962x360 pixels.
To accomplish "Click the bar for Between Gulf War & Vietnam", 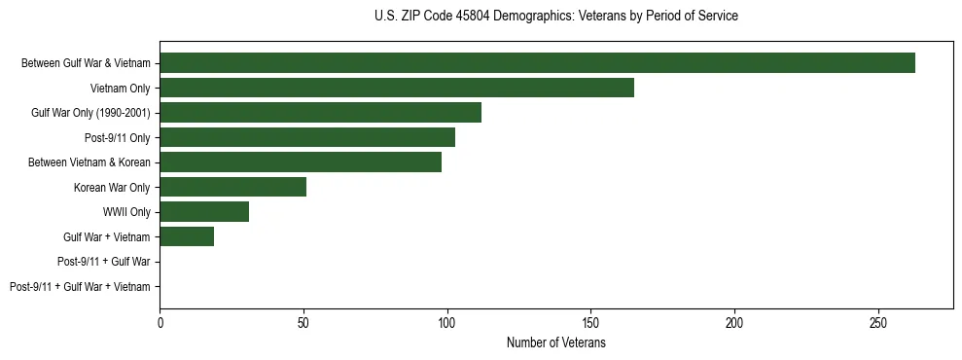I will pos(537,63).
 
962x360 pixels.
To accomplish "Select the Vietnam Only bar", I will pos(397,88).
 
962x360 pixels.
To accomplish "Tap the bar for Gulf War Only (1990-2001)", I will pos(320,113).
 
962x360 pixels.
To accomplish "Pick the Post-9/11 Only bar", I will pos(307,137).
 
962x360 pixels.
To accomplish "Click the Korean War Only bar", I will pos(232,187).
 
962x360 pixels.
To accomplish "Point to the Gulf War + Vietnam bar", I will pos(187,236).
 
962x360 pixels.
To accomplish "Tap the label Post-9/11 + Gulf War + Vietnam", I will pos(80,287).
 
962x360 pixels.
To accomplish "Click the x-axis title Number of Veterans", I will pos(555,343).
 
